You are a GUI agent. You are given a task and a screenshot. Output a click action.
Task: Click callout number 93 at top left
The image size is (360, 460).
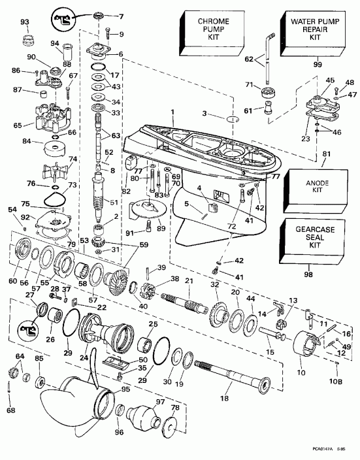[25, 23]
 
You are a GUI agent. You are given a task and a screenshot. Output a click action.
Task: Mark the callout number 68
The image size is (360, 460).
[10, 410]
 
